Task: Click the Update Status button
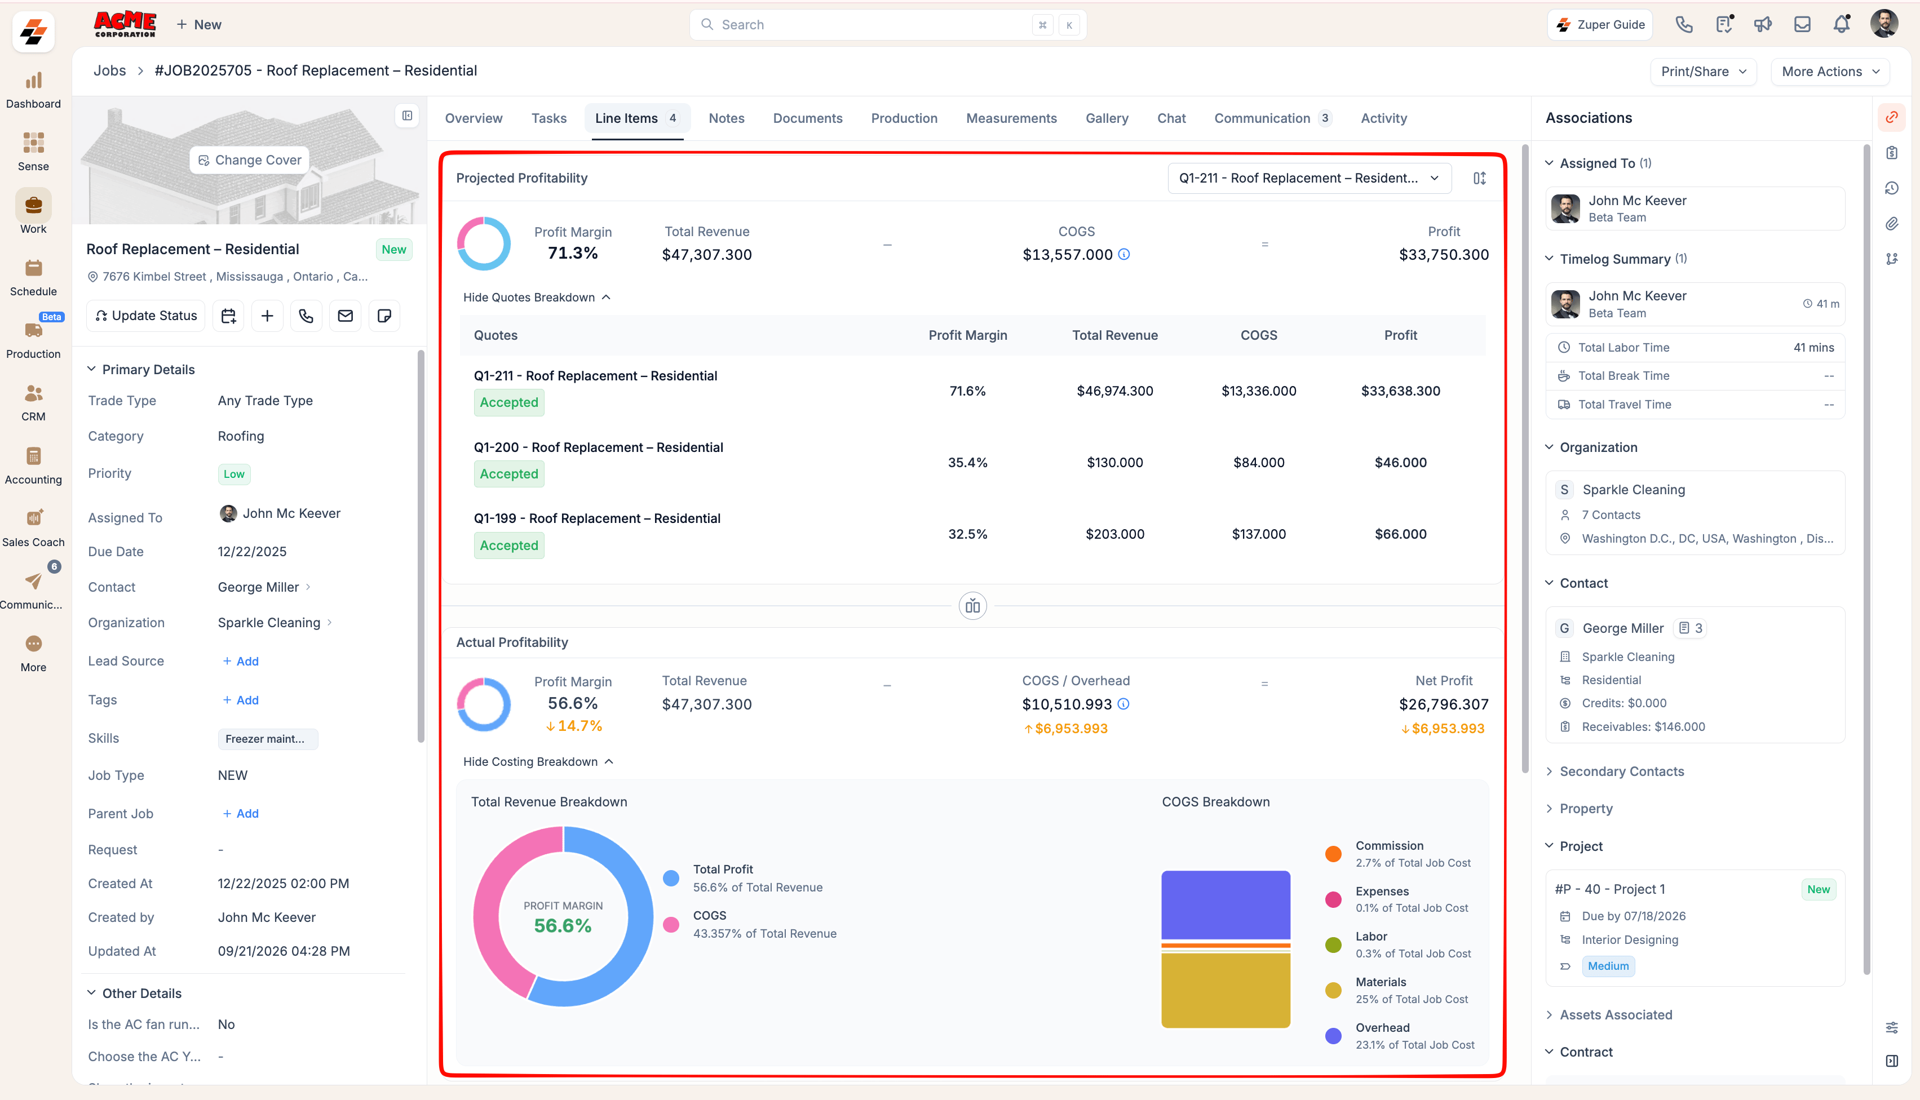pyautogui.click(x=146, y=316)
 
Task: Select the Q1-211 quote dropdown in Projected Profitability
pyautogui.click(x=1309, y=178)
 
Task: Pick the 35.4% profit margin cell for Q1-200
pyautogui.click(x=967, y=462)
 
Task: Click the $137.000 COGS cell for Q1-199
pyautogui.click(x=1258, y=534)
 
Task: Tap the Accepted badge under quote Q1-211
pyautogui.click(x=508, y=403)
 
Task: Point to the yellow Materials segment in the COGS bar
pyautogui.click(x=1225, y=990)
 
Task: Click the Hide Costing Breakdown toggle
pyautogui.click(x=538, y=761)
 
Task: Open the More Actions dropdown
pyautogui.click(x=1830, y=71)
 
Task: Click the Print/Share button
pyautogui.click(x=1703, y=71)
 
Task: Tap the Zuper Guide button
pyautogui.click(x=1600, y=25)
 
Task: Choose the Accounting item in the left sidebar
pyautogui.click(x=33, y=465)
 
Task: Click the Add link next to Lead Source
pyautogui.click(x=241, y=661)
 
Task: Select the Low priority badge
pyautogui.click(x=233, y=474)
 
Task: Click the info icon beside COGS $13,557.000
pyautogui.click(x=1123, y=255)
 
